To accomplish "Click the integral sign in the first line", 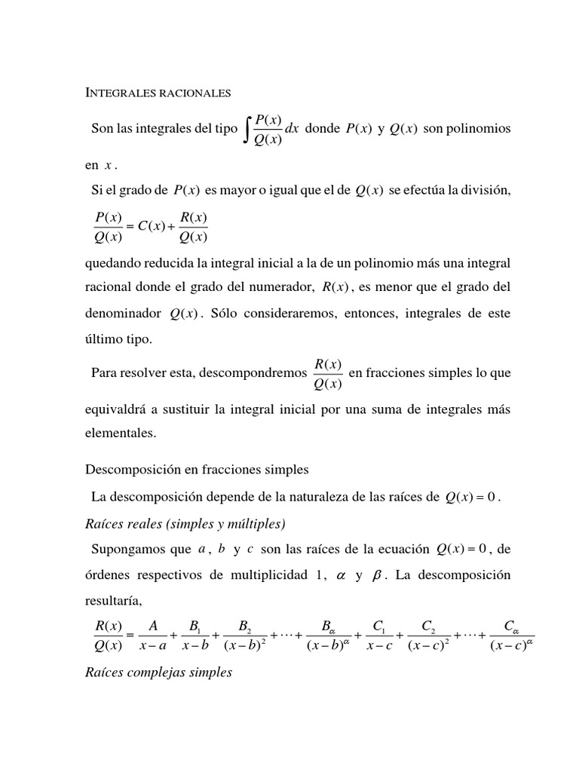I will pos(247,129).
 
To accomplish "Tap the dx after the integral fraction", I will pos(292,129).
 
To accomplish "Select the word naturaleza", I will pos(301,497).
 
